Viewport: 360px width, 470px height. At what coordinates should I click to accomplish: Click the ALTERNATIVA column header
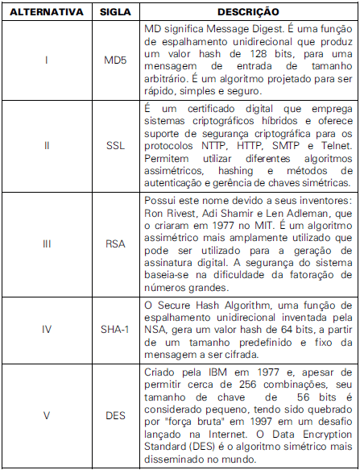click(45, 12)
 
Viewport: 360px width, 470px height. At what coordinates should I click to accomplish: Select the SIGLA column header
click(115, 12)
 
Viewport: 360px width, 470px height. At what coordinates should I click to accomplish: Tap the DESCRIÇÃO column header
click(248, 12)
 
